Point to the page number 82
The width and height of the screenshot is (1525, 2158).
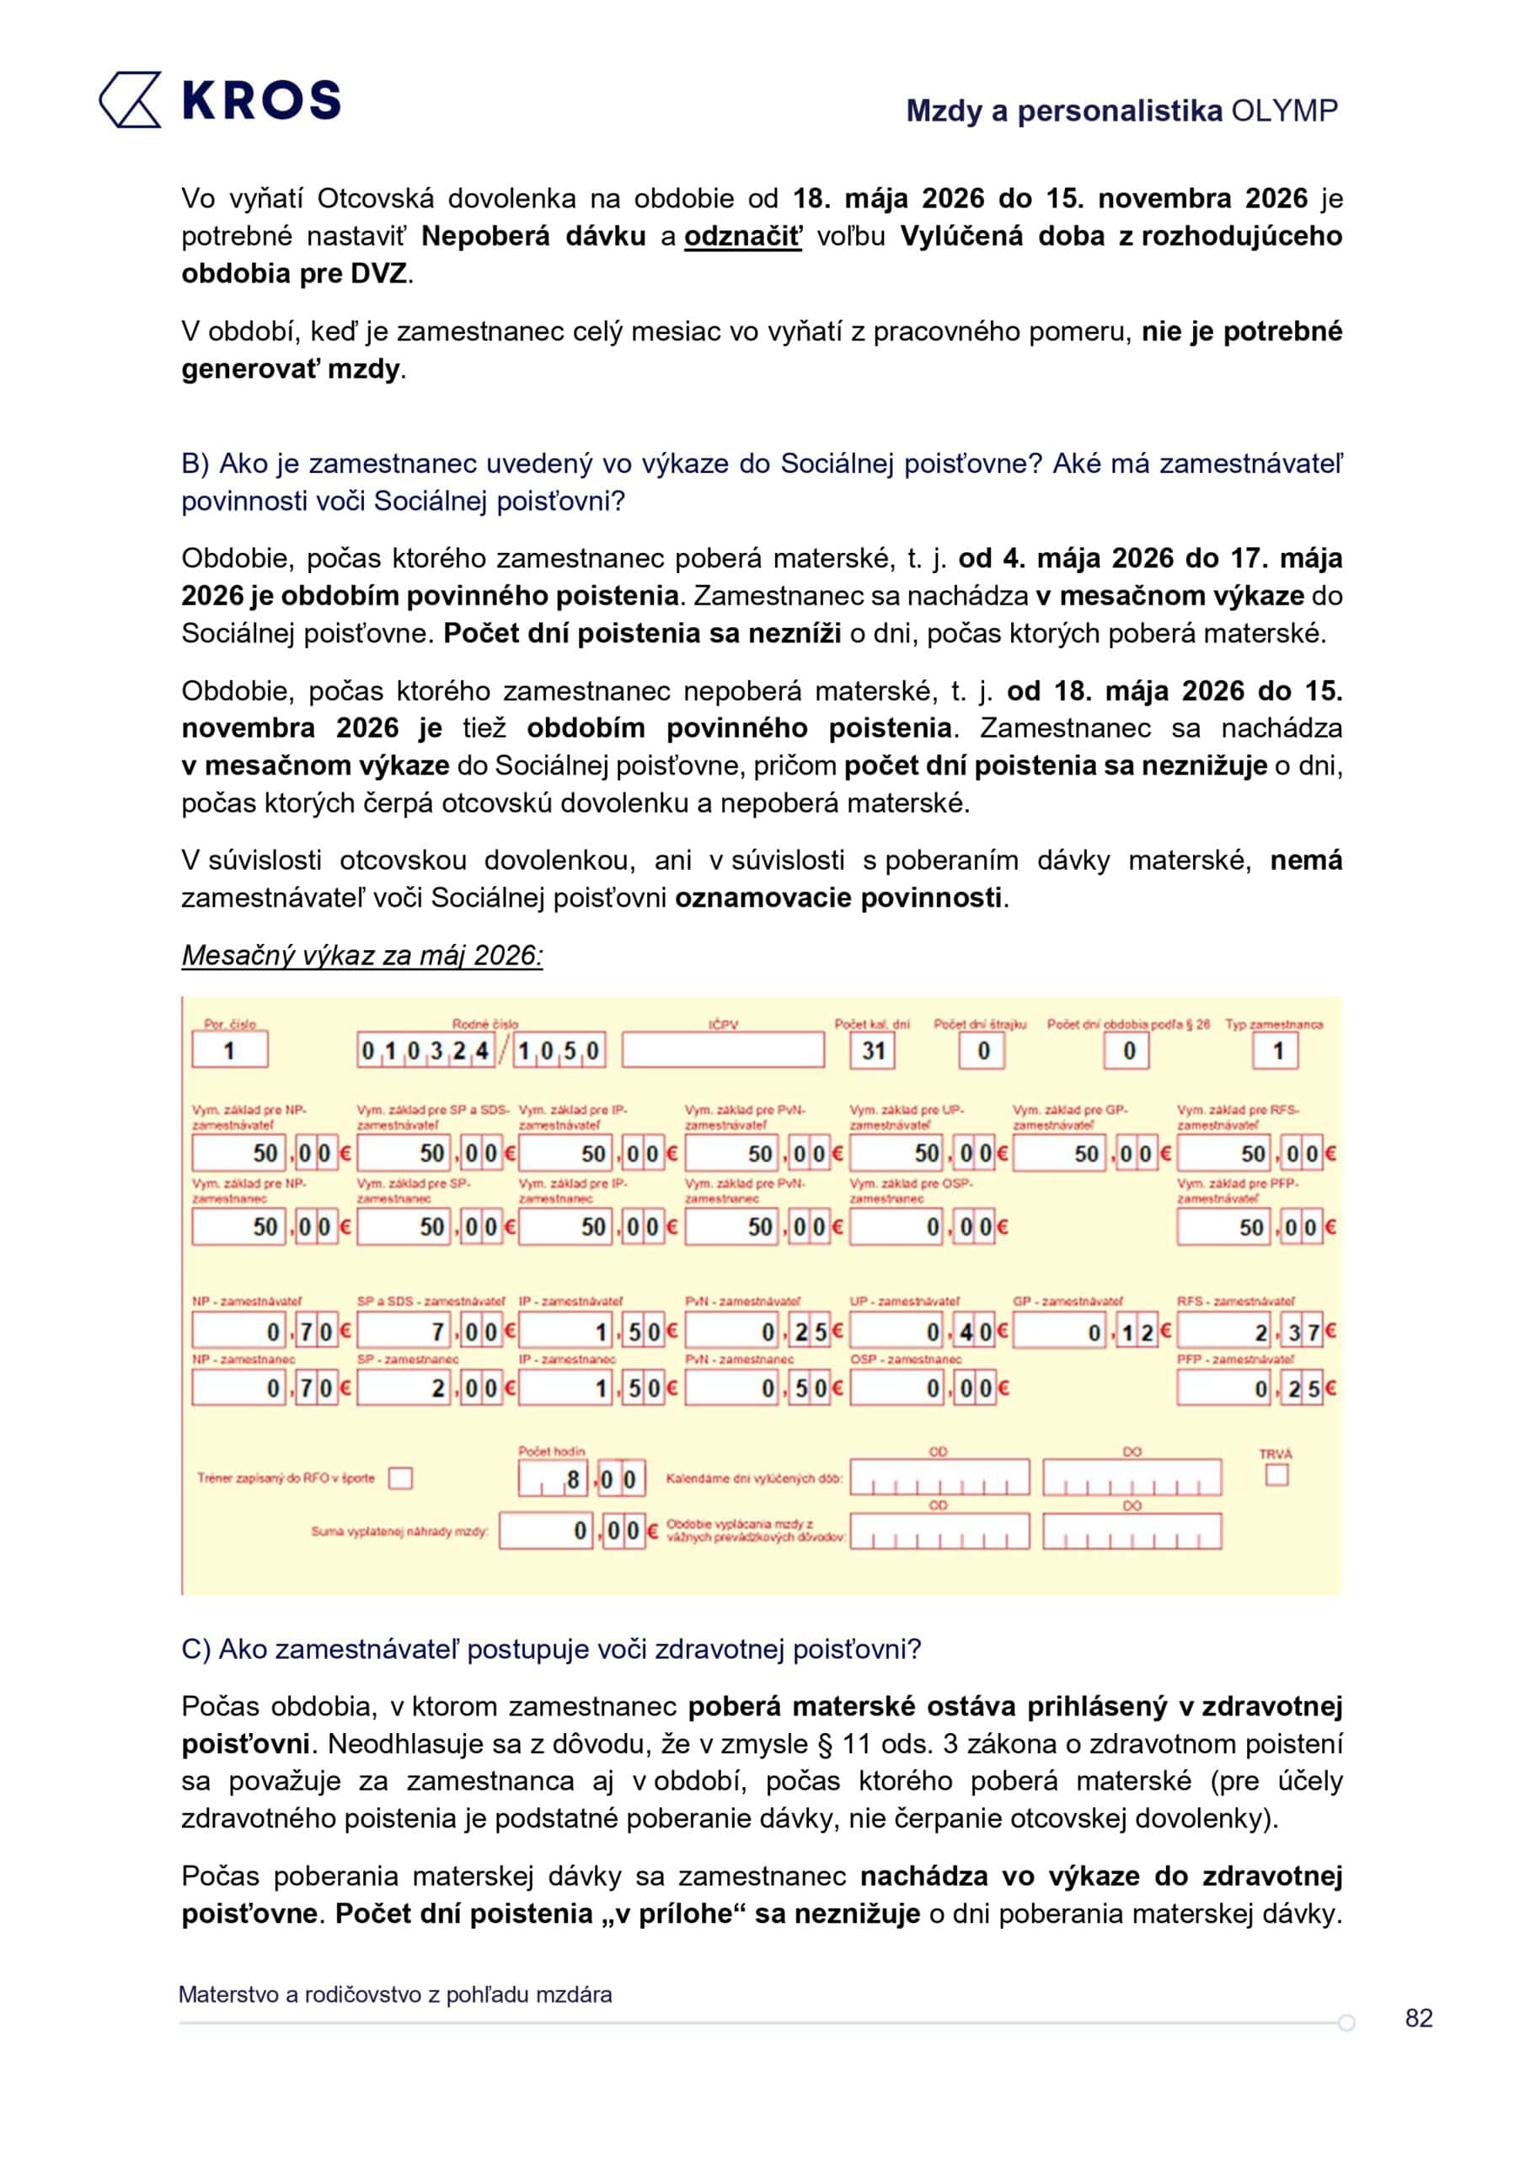(1418, 2017)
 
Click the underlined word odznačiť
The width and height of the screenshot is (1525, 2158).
(742, 236)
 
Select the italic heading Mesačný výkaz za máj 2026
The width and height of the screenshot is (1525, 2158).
(361, 955)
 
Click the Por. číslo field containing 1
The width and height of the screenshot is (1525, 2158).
(229, 1049)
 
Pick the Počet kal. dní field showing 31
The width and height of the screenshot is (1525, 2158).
(873, 1049)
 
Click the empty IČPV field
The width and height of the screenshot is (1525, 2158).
(723, 1049)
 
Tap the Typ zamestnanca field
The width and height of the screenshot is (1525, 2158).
(1275, 1049)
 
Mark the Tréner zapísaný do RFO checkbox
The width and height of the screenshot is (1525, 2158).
(400, 1478)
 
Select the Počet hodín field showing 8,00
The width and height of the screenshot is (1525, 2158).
(581, 1479)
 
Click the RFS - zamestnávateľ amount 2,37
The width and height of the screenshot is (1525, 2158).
(1255, 1331)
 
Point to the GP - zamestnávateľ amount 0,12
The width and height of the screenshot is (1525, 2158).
(1092, 1331)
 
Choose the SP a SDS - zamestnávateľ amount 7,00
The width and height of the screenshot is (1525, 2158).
(435, 1331)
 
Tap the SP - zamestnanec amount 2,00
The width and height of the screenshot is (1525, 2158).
(435, 1388)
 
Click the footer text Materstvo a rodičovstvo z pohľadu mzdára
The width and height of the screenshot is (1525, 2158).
(394, 1994)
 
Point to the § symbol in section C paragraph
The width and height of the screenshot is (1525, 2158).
(825, 1744)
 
